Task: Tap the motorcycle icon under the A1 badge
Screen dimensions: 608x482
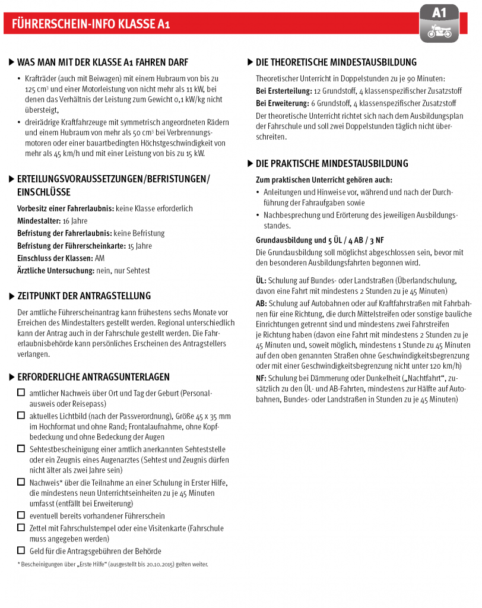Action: click(x=439, y=32)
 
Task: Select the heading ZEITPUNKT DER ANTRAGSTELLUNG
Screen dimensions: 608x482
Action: click(x=84, y=296)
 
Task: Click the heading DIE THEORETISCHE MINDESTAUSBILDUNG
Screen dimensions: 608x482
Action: click(x=336, y=62)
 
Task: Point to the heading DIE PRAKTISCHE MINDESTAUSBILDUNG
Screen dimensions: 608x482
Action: click(x=332, y=163)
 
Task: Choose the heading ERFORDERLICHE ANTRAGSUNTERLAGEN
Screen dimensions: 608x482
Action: click(x=93, y=377)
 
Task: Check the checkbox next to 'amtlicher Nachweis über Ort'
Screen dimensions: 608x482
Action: click(x=21, y=392)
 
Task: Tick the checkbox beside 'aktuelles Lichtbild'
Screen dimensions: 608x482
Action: click(x=21, y=416)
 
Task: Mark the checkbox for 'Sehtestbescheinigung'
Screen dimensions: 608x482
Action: click(x=21, y=449)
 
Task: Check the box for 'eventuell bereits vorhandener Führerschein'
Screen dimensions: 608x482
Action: click(x=21, y=515)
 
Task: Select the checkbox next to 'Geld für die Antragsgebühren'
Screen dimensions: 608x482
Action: click(x=21, y=550)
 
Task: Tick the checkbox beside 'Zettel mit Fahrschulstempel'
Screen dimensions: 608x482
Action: click(x=21, y=527)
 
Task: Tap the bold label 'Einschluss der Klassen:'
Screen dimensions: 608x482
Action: click(x=55, y=258)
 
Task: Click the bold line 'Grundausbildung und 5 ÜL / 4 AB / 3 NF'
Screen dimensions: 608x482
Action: click(x=319, y=240)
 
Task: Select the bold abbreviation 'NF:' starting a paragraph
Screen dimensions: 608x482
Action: click(x=261, y=378)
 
